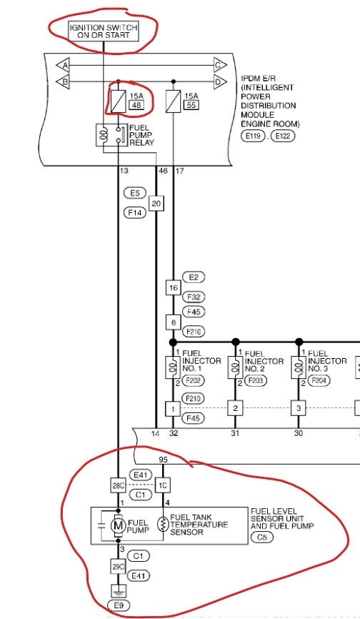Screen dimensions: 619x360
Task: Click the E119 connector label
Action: click(252, 135)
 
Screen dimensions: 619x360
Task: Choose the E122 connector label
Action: click(282, 135)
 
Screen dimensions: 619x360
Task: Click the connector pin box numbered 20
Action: click(156, 204)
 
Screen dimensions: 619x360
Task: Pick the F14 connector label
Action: click(134, 212)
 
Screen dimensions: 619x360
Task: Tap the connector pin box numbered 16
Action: click(172, 287)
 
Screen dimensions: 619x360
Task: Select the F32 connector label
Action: click(194, 297)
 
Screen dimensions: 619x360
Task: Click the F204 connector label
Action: click(318, 381)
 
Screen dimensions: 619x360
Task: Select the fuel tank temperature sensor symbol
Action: click(163, 526)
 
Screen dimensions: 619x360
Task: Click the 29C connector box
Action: click(118, 566)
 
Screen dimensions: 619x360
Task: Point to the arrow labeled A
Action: click(64, 65)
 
